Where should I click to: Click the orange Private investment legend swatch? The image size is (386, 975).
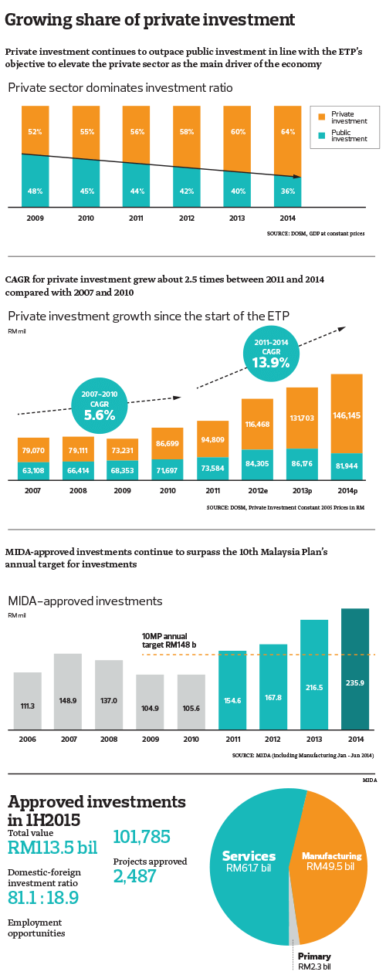click(x=322, y=117)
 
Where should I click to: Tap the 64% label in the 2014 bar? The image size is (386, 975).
click(x=287, y=132)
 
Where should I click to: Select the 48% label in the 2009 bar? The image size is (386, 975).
click(x=35, y=191)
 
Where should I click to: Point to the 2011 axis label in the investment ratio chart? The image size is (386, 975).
click(x=136, y=218)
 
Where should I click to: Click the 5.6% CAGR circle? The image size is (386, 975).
click(x=99, y=408)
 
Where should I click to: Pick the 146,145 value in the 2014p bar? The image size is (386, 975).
click(x=347, y=415)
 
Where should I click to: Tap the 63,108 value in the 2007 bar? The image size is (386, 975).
click(x=33, y=468)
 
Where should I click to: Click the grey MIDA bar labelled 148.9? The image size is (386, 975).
click(x=68, y=691)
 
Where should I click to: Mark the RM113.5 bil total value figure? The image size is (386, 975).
click(x=52, y=848)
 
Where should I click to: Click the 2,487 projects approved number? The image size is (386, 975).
click(x=135, y=876)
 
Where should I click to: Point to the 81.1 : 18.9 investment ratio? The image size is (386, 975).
click(x=43, y=898)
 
